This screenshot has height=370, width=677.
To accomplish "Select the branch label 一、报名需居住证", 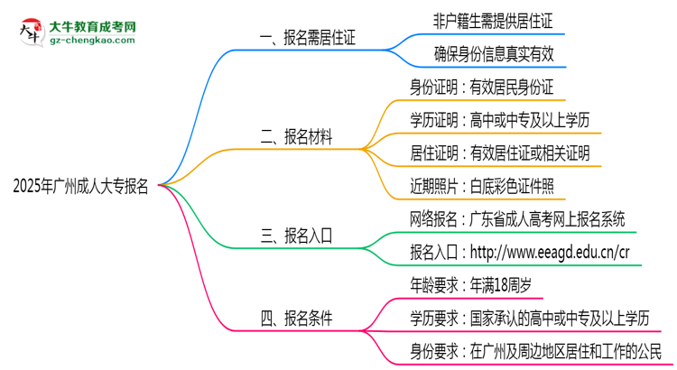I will tap(307, 38).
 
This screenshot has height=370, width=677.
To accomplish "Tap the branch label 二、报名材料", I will tap(297, 138).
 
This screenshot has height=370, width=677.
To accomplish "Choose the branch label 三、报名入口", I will tap(297, 236).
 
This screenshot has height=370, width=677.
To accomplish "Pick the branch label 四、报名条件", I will tap(297, 318).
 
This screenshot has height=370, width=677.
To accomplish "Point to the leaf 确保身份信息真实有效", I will tap(492, 55).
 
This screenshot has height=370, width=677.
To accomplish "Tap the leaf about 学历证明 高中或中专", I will tap(500, 121).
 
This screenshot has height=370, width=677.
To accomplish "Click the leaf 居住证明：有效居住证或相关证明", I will tap(500, 154).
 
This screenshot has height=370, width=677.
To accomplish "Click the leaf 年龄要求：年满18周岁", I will tap(469, 285).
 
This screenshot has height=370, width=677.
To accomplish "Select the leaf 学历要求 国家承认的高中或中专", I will tap(528, 318).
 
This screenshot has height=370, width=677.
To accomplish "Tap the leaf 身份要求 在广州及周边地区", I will tap(534, 350).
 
